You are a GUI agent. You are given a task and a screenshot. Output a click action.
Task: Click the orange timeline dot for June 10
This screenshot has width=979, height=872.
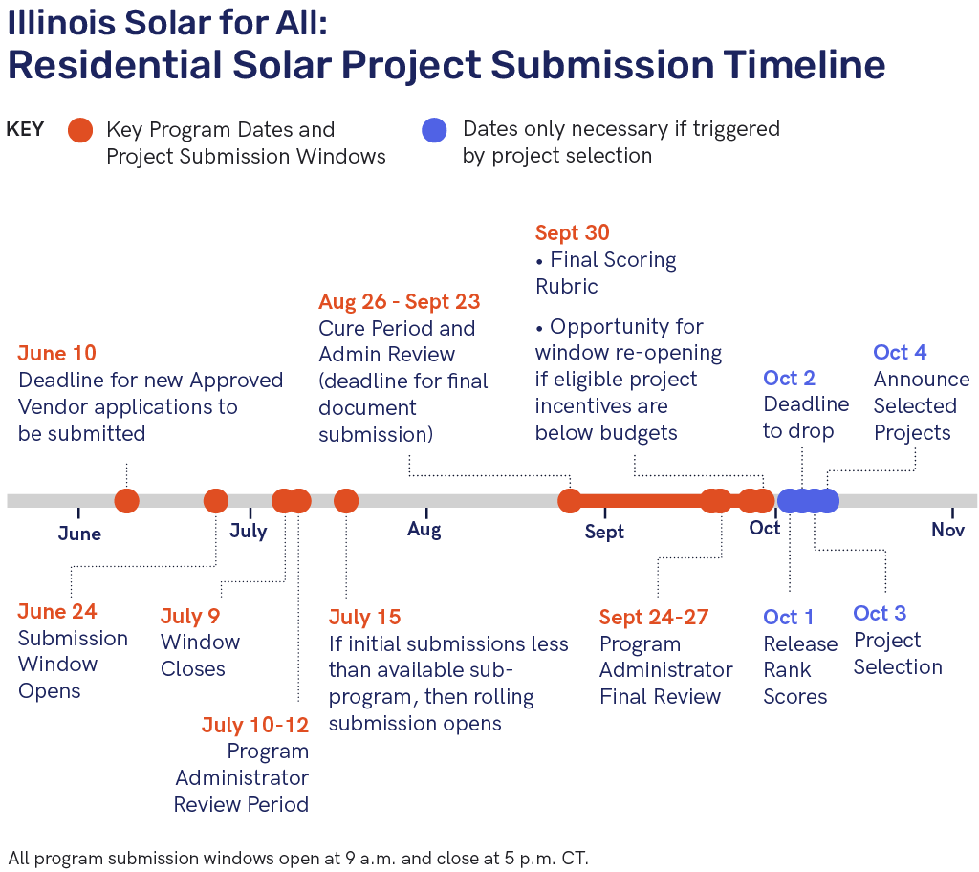(127, 501)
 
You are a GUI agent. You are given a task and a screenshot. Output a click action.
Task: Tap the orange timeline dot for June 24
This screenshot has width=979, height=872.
(216, 501)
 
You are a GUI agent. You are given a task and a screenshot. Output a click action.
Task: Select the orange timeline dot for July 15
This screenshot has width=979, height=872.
(346, 501)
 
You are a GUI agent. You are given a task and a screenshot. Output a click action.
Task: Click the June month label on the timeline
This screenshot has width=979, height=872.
(79, 534)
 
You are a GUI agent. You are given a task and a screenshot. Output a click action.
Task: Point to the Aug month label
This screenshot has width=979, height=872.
(424, 531)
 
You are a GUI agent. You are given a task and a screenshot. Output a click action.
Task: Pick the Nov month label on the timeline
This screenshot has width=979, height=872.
(947, 531)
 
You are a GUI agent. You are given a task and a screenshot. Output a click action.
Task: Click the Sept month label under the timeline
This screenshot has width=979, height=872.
(604, 533)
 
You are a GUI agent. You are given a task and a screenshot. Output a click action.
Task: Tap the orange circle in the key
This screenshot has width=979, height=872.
(80, 130)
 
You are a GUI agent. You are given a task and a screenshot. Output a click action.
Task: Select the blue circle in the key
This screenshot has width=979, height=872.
(434, 130)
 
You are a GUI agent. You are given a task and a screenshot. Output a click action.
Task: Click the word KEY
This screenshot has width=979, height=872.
(25, 129)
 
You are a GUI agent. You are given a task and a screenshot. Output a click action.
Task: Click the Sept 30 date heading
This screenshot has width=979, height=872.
(572, 233)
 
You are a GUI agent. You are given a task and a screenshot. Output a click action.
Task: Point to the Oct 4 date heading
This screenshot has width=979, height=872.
(900, 352)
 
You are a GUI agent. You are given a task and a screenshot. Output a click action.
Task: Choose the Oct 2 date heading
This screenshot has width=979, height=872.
(789, 378)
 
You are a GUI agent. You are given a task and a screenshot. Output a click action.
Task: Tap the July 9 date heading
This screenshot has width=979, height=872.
(190, 617)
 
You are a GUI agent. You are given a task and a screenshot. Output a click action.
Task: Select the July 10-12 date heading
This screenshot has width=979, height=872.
(254, 725)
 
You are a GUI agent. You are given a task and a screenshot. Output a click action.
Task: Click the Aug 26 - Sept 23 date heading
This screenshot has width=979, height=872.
(399, 302)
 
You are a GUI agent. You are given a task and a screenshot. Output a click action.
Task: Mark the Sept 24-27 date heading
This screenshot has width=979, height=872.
(654, 618)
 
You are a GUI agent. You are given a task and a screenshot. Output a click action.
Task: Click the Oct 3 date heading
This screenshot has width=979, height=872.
(880, 614)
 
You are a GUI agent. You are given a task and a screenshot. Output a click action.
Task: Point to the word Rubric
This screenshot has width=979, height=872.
(566, 287)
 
